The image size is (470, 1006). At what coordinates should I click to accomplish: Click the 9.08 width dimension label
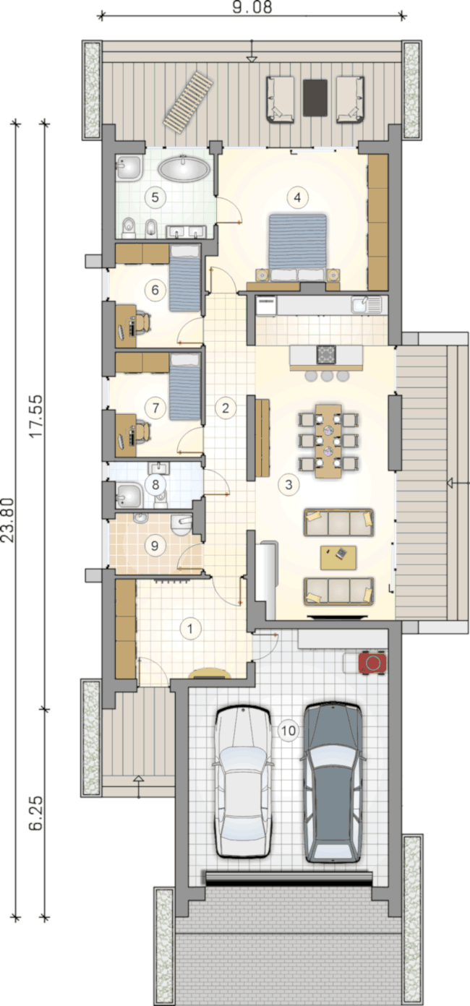click(x=252, y=7)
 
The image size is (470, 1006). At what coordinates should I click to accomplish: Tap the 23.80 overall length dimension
click(x=8, y=520)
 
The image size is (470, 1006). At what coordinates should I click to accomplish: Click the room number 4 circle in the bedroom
click(x=297, y=197)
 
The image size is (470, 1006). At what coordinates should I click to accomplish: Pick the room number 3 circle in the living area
click(x=289, y=485)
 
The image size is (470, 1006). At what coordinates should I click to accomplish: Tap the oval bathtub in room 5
click(x=184, y=168)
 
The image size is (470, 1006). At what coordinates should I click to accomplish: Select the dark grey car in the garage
click(x=333, y=782)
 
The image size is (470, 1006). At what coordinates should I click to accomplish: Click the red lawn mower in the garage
click(x=372, y=663)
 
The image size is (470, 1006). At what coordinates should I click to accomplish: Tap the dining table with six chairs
click(x=328, y=441)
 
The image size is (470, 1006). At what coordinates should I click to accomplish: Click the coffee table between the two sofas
click(x=338, y=557)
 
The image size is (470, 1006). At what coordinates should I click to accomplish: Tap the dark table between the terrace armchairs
click(x=315, y=98)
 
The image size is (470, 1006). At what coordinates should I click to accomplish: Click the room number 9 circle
click(x=155, y=546)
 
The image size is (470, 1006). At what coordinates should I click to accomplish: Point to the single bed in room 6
click(x=184, y=278)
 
